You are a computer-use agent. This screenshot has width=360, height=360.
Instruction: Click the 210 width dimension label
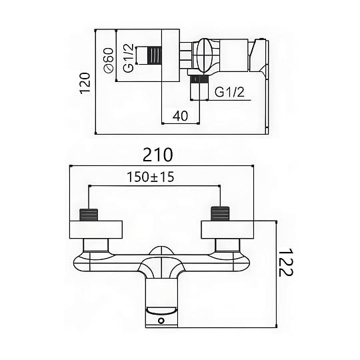click(x=157, y=155)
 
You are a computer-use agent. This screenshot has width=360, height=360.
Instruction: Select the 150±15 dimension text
click(x=151, y=177)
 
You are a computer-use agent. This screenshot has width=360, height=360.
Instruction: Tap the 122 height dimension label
click(x=286, y=262)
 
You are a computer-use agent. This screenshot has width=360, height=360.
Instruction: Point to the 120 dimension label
click(x=85, y=83)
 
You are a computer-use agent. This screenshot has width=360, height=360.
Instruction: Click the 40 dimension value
click(x=180, y=115)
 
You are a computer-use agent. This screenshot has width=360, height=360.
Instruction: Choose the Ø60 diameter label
click(x=109, y=60)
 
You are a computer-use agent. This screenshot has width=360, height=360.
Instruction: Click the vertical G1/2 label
click(x=128, y=58)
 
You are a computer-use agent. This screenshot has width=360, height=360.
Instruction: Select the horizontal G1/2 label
click(x=229, y=92)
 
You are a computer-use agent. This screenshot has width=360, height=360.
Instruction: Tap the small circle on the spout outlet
click(x=161, y=321)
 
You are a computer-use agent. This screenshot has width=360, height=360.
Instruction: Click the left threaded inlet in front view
click(x=89, y=215)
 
